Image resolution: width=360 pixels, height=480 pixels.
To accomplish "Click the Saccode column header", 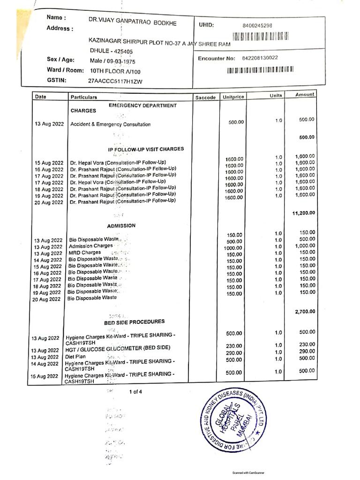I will click(x=205, y=97).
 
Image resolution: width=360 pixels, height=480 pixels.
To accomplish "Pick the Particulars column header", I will click(x=84, y=97).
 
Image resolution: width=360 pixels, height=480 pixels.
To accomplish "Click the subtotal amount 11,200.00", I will click(x=303, y=213).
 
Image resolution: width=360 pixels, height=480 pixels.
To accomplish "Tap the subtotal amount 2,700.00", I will click(x=304, y=311).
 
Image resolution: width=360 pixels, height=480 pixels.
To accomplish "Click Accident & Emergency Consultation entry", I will click(x=110, y=125).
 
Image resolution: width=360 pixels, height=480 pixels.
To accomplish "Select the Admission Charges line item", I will click(x=90, y=246).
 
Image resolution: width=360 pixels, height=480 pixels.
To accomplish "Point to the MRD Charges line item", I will click(x=85, y=253).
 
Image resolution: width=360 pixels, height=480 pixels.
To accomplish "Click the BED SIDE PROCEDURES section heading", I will click(x=134, y=322).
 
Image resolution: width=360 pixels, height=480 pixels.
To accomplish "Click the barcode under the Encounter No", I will click(x=260, y=71).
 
